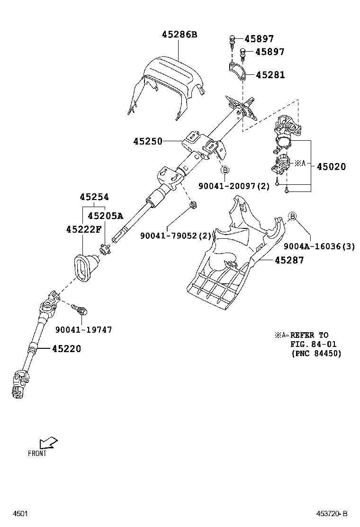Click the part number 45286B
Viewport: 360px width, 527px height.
(179, 34)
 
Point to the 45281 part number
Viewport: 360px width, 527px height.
(270, 75)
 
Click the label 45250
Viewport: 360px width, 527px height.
(148, 141)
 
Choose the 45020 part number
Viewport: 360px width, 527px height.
(331, 166)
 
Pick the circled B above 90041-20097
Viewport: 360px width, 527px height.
(225, 170)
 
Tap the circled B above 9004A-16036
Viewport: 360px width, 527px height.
(292, 217)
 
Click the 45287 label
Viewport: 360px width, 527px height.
(288, 260)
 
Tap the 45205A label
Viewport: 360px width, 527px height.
(105, 216)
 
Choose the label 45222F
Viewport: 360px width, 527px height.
(84, 229)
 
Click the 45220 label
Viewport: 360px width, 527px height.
(66, 349)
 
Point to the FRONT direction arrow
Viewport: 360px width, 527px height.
(47, 443)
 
